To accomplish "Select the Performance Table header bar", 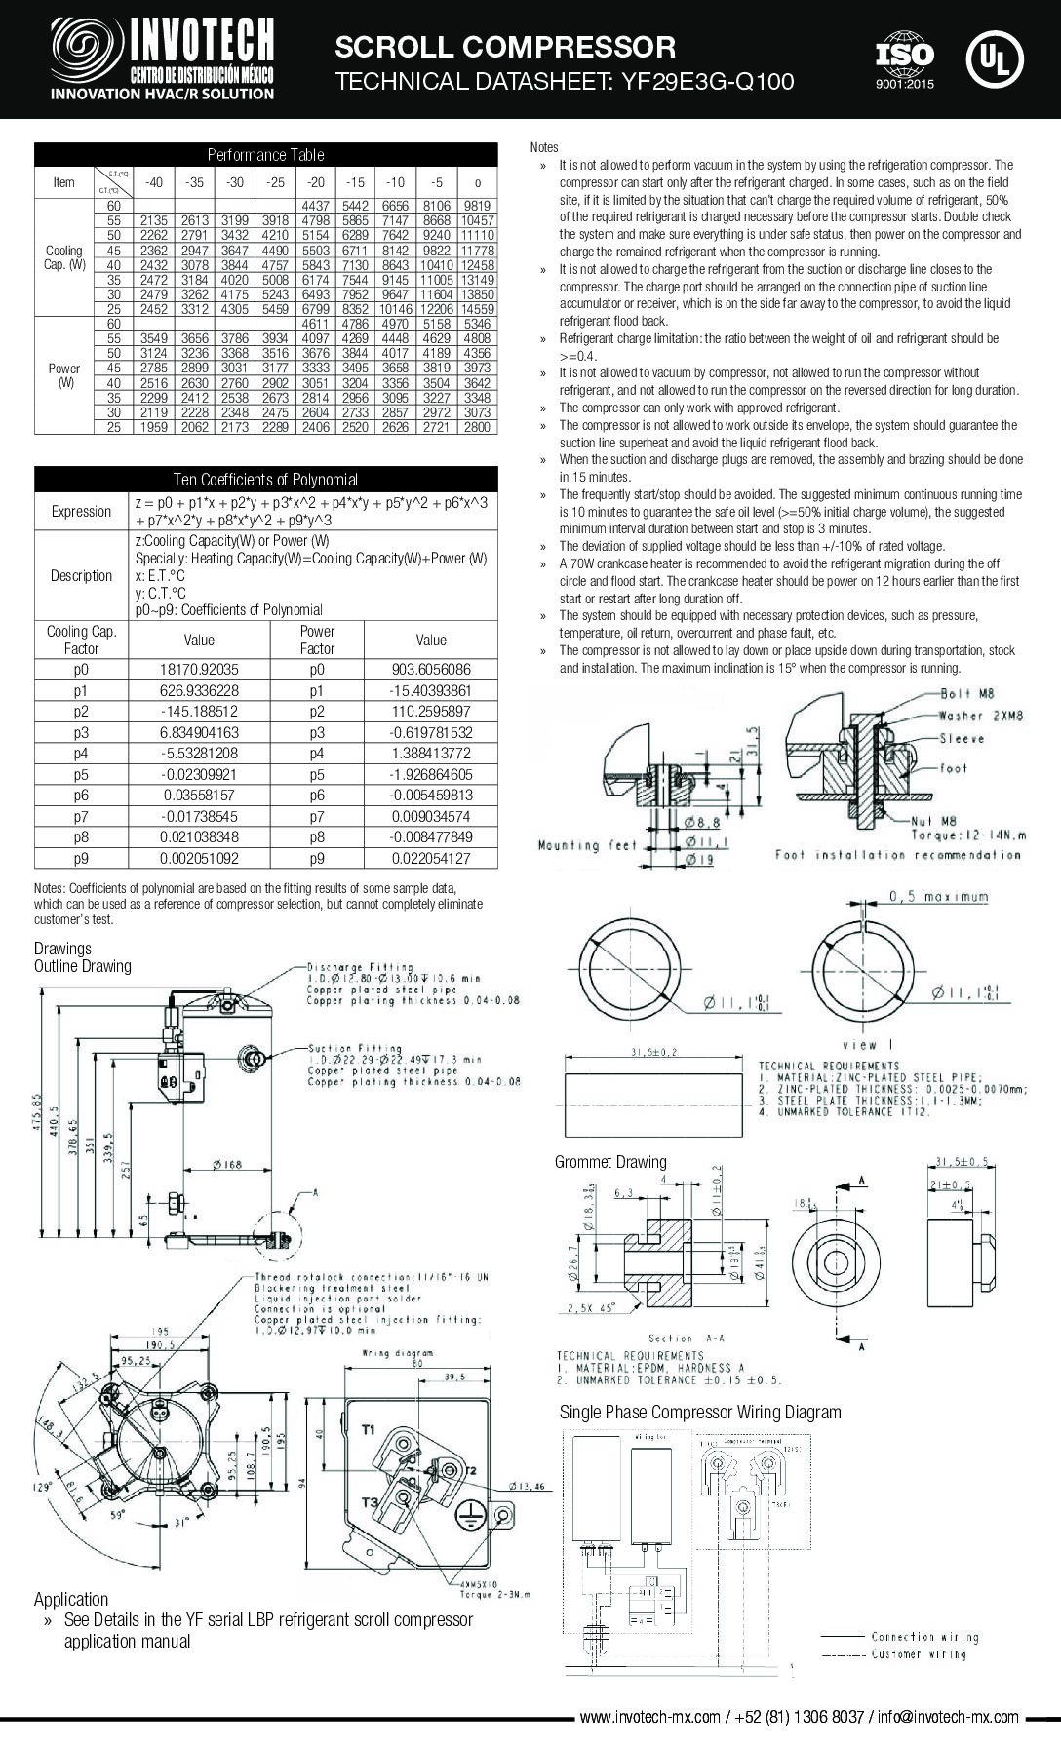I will pos(265,155).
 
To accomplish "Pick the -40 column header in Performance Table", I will pos(153,182).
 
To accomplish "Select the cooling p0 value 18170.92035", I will pos(199,670).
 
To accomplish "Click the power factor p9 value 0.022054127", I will pos(430,859).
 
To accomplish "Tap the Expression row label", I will pos(81,512).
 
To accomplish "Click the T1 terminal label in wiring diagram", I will pos(369,1430).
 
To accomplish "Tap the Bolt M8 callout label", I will pos(968,694).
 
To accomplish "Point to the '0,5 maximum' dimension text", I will pos(938,897).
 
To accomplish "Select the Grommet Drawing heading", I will pos(610,1162).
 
